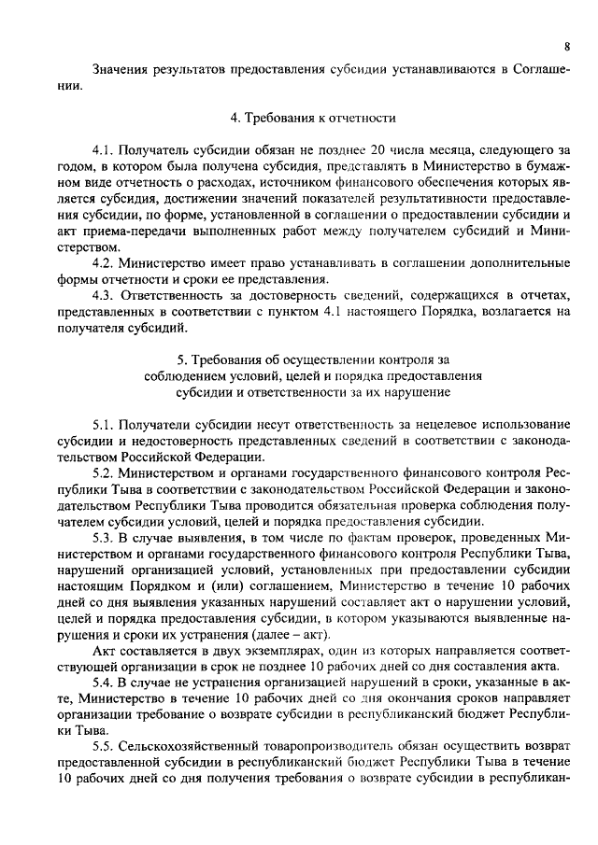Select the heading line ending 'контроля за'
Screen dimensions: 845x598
313,359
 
